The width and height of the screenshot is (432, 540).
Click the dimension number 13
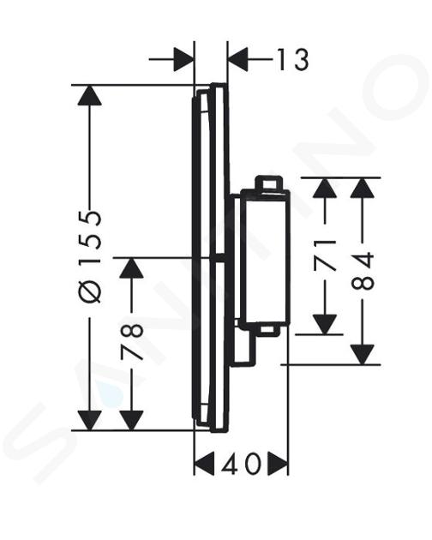[292, 59]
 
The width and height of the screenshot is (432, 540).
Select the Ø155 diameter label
[90, 257]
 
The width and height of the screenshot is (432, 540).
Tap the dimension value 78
[132, 341]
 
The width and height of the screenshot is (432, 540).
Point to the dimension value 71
[325, 255]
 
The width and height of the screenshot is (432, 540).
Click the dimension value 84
[363, 271]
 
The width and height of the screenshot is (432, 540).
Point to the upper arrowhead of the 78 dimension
[132, 268]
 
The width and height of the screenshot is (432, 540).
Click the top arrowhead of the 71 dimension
[325, 188]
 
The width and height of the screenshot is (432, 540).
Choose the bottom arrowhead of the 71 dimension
[325, 324]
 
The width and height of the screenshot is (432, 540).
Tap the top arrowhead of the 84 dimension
[363, 188]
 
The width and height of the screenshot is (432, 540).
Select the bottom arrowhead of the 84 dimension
[363, 354]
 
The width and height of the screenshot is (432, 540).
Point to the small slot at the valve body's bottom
[270, 330]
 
